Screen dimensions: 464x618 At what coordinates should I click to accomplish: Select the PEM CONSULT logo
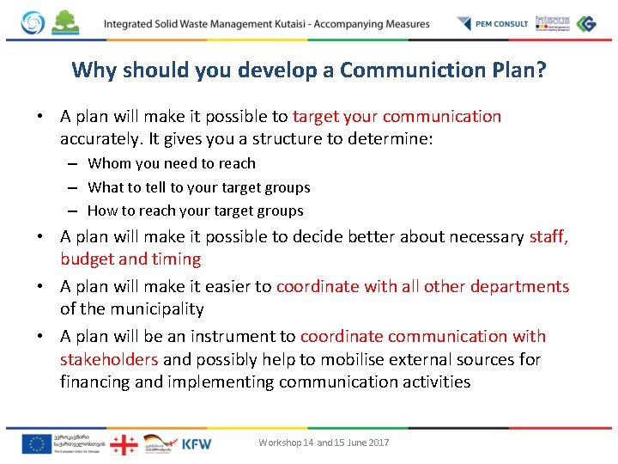tap(493, 23)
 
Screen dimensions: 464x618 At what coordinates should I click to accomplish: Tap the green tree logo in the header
tap(65, 22)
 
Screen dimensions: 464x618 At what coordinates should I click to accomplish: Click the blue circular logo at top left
tap(33, 23)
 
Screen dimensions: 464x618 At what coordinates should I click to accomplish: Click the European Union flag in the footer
tap(36, 443)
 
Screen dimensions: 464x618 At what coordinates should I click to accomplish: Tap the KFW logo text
tap(197, 443)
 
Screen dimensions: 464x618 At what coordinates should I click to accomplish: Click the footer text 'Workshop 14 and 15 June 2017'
tap(324, 443)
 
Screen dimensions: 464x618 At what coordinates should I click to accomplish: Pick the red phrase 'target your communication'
tap(397, 116)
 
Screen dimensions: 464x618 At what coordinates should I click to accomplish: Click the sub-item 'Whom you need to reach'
tap(172, 163)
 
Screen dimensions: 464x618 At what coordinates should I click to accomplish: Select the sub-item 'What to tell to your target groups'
tap(199, 187)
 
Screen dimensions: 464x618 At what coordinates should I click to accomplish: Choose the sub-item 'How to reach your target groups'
tap(196, 211)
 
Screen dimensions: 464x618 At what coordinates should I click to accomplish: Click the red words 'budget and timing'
tap(130, 259)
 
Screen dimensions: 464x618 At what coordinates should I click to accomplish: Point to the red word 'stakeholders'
tap(109, 359)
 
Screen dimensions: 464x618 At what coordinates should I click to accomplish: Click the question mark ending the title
tap(540, 70)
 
